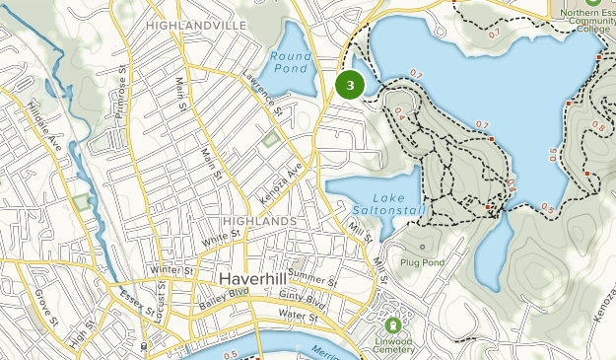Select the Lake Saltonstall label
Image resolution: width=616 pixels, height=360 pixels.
tap(375, 203)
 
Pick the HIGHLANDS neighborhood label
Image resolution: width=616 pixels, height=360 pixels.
tap(259, 221)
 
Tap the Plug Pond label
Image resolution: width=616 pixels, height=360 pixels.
tap(423, 262)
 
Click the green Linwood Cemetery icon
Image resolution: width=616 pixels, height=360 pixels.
tap(392, 324)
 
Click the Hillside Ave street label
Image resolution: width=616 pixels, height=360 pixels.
tap(45, 124)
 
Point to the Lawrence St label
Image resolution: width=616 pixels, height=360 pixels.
tap(264, 94)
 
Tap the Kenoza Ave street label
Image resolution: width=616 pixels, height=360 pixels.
tap(281, 181)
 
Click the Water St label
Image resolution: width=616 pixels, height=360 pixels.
tap(297, 318)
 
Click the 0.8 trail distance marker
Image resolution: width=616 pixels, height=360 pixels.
tap(597, 127)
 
